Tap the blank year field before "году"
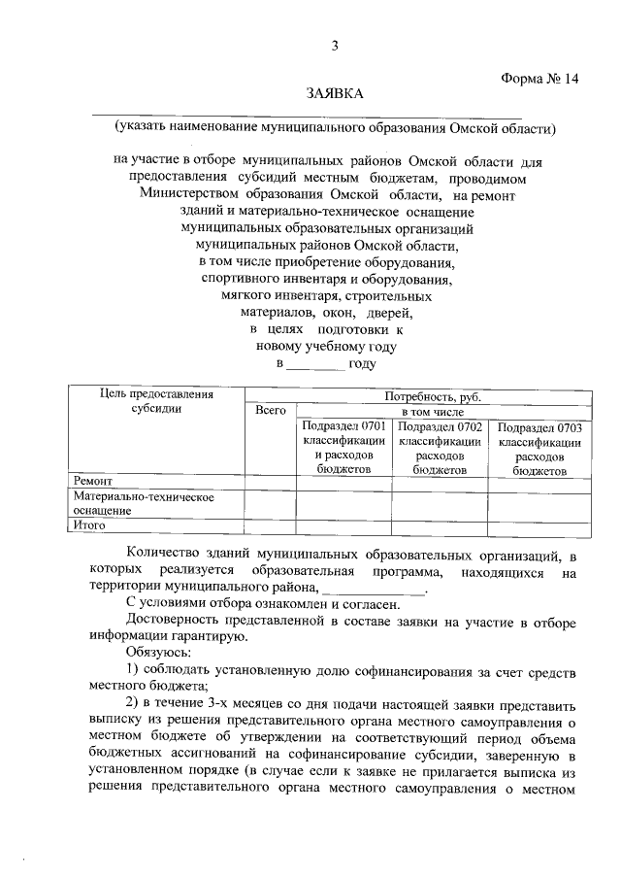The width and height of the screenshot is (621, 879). click(314, 364)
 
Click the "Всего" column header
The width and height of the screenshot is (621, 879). click(270, 411)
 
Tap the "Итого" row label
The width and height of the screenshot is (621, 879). click(90, 525)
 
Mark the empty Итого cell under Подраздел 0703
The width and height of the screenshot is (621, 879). click(539, 525)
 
